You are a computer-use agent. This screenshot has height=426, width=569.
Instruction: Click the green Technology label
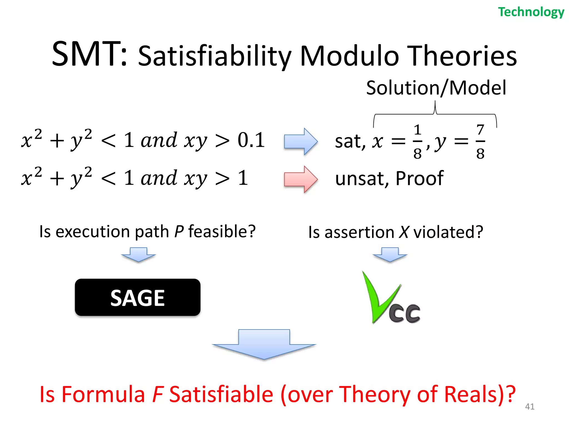click(531, 12)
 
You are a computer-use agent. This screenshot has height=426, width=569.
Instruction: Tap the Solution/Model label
click(436, 88)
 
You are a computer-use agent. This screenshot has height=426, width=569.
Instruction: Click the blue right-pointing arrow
click(301, 141)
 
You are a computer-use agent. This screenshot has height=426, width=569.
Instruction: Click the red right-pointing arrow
click(301, 179)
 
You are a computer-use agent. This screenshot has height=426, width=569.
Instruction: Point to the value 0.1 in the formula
click(251, 140)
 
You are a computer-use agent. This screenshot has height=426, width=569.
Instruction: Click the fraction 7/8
click(480, 142)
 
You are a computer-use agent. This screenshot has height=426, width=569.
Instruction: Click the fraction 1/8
click(417, 142)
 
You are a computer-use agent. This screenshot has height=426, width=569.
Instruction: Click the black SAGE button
click(138, 298)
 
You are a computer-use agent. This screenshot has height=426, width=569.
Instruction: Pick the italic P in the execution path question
click(179, 231)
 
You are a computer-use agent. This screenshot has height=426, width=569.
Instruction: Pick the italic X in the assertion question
click(404, 232)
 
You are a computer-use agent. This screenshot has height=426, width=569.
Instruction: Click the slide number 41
click(530, 407)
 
